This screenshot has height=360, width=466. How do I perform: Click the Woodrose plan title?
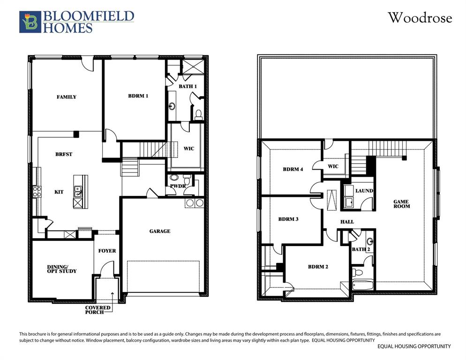pos(419,18)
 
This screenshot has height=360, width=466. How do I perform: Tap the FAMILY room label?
pos(67,97)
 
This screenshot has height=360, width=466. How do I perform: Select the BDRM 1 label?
pos(138,96)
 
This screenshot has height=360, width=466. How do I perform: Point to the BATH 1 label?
pos(188,87)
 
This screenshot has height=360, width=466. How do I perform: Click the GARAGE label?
pos(160,231)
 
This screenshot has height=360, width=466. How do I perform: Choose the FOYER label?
pos(107,251)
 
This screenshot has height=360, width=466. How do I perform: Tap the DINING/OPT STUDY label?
pos(61,269)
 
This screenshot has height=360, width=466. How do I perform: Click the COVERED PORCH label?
pos(98,310)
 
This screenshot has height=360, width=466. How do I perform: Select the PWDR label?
pos(178,186)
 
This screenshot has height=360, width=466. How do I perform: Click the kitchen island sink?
pos(78,191)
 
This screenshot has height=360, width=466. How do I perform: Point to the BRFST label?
pos(64,154)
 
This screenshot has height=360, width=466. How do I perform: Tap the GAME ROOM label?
pos(401,203)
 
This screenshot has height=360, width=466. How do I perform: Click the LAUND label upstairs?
pos(364,191)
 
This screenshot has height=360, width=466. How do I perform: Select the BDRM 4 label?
pos(293,169)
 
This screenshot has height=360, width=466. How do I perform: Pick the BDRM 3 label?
pos(288,219)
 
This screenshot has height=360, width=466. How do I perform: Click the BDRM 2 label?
pos(318,267)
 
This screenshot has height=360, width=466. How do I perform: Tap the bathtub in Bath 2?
pos(362,284)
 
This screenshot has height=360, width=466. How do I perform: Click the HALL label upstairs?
pos(347,222)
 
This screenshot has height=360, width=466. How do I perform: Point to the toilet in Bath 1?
pos(198,113)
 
